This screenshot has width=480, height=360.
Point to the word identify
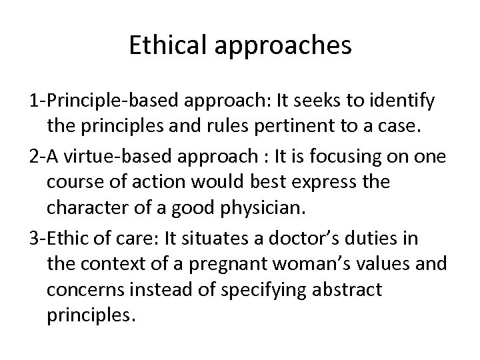pos(403,103)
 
